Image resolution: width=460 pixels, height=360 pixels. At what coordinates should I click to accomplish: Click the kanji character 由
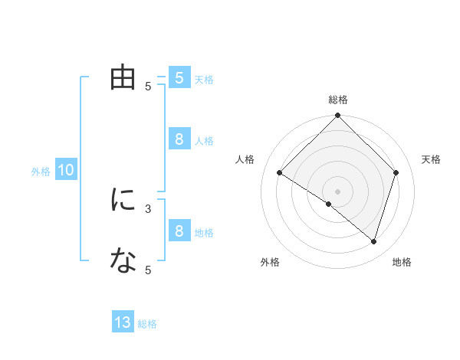click(x=123, y=78)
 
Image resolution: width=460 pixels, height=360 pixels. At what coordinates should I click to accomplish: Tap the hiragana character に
click(x=123, y=201)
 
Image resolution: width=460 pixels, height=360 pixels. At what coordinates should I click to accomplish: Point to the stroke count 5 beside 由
click(x=148, y=87)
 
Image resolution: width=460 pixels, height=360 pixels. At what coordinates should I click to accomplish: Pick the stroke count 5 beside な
click(x=148, y=270)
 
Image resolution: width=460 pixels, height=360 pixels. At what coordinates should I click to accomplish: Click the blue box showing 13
click(x=123, y=322)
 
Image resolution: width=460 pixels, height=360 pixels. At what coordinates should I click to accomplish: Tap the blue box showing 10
click(x=66, y=171)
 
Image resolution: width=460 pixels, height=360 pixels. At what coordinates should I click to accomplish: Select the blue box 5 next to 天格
click(x=179, y=78)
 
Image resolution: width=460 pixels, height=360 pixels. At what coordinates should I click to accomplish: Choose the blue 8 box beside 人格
click(x=179, y=139)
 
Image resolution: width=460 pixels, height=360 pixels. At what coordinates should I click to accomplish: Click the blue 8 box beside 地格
click(x=179, y=231)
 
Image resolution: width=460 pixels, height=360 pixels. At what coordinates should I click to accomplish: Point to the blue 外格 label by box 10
click(x=41, y=172)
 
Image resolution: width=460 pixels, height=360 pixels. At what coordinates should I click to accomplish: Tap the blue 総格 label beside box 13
click(x=147, y=324)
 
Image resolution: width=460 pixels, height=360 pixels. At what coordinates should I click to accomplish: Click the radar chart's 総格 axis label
click(x=338, y=100)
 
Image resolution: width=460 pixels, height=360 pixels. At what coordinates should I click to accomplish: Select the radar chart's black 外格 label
click(x=270, y=263)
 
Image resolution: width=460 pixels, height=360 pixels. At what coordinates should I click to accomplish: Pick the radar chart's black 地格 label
click(x=402, y=263)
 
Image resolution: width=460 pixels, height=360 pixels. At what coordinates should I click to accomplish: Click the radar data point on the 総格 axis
click(x=338, y=116)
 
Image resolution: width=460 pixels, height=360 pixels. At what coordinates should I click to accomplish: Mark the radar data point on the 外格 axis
click(x=329, y=205)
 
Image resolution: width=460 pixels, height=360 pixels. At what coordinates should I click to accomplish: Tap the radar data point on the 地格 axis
click(x=373, y=241)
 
